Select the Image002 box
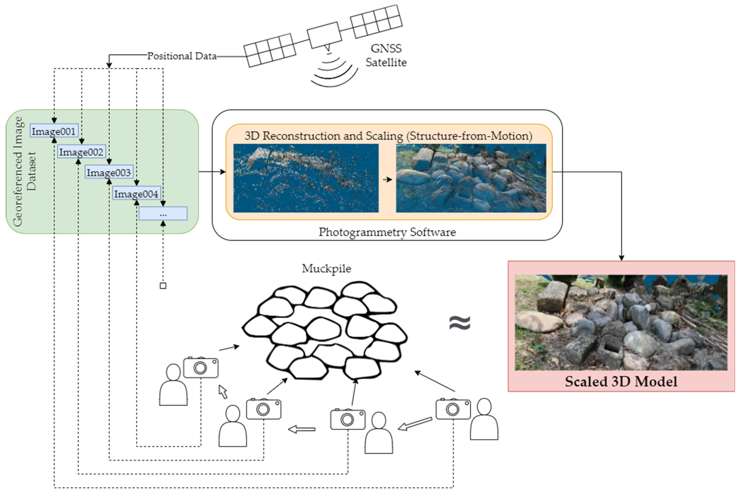[x=81, y=152]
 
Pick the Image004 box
[x=136, y=193]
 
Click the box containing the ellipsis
[x=163, y=214]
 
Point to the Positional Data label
[x=182, y=56]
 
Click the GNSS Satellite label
[x=386, y=55]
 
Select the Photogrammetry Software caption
[x=387, y=232]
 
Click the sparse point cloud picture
[x=306, y=178]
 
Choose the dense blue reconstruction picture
[x=471, y=178]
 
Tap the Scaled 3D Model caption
[x=621, y=381]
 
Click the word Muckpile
[x=326, y=268]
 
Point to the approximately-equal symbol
[x=460, y=323]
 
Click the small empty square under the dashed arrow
[x=163, y=286]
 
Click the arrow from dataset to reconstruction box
[x=212, y=172]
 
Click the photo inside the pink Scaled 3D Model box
[x=621, y=322]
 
